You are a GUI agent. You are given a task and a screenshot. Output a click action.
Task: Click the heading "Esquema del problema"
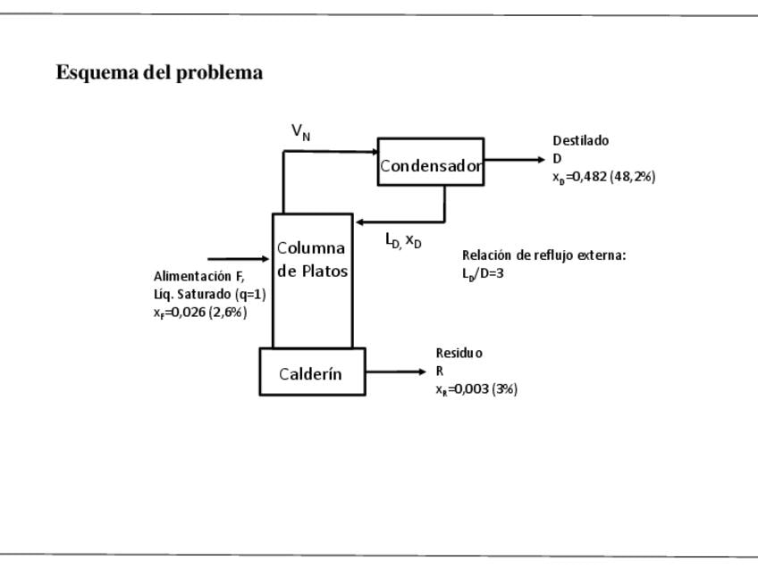click(159, 73)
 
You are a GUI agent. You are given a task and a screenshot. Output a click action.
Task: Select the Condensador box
click(431, 162)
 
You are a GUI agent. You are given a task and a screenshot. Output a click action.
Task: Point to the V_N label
click(301, 132)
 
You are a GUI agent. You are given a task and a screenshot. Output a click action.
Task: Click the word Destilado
click(580, 140)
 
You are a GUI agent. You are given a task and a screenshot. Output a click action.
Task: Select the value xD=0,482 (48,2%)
click(603, 177)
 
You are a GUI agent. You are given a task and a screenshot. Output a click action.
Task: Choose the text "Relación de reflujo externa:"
click(543, 255)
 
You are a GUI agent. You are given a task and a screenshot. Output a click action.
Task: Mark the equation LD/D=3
click(483, 274)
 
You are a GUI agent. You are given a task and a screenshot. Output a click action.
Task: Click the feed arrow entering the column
click(239, 259)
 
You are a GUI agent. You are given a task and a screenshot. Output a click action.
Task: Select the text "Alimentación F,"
click(198, 276)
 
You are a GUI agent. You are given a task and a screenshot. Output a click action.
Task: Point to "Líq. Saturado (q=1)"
click(209, 294)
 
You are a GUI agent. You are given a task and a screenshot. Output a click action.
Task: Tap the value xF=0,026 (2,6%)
click(200, 313)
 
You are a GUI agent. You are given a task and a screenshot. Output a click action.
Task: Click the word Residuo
click(459, 353)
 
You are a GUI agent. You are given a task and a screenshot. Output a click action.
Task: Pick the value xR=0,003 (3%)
click(476, 389)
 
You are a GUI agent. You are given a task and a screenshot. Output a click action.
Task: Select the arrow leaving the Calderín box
click(397, 372)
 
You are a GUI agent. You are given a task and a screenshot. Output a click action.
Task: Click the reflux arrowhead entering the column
click(359, 221)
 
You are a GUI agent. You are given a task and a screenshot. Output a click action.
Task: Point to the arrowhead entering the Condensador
click(374, 152)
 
